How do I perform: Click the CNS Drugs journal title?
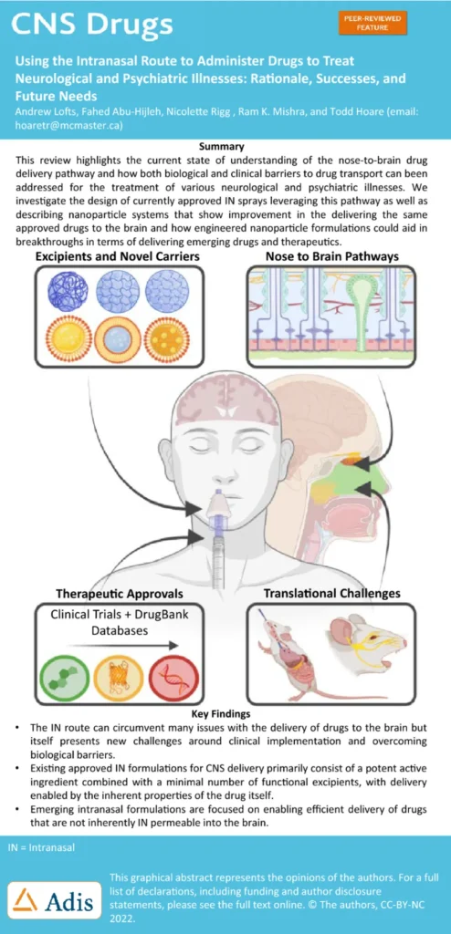[x=92, y=24]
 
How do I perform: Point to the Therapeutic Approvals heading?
[x=120, y=593]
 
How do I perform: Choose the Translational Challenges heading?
[x=331, y=593]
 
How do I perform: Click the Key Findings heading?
[x=225, y=713]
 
